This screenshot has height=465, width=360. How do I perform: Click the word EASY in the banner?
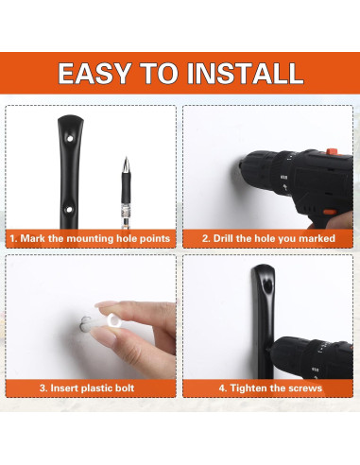point(94,73)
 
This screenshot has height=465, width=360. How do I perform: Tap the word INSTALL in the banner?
point(245,73)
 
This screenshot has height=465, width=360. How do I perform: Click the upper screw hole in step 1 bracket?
point(70,138)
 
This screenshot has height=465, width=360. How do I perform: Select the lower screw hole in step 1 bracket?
point(69,209)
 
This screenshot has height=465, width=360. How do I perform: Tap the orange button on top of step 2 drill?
point(332,151)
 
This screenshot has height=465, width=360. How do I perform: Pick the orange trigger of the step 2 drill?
point(329,212)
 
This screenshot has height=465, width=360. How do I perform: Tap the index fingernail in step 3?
point(105,304)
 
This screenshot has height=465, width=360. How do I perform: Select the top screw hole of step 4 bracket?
point(267,286)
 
